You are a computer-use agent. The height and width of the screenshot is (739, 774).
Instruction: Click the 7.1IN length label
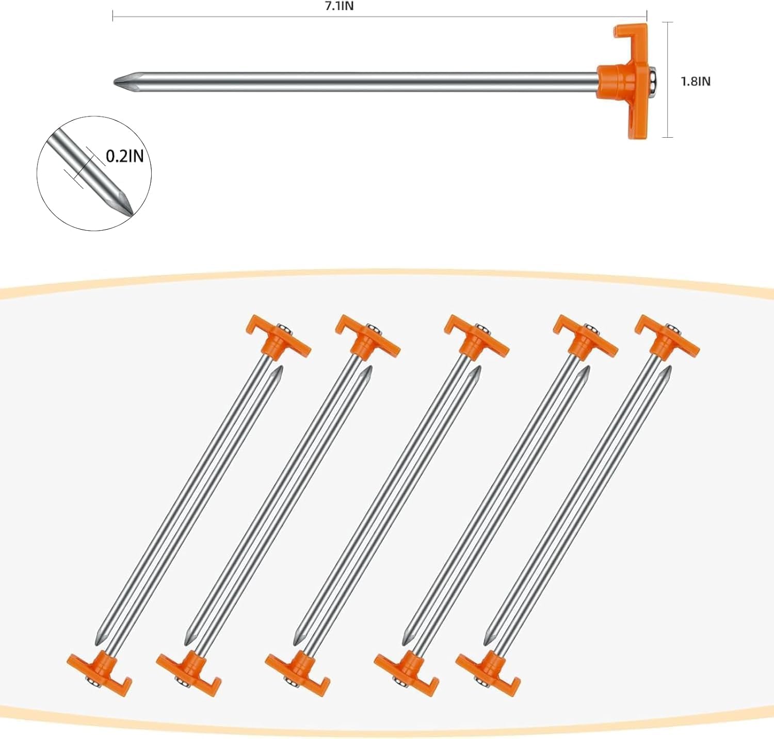[339, 6]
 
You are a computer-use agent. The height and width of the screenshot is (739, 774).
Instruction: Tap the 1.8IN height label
[696, 81]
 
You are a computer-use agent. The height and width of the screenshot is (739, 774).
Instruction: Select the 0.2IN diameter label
[125, 156]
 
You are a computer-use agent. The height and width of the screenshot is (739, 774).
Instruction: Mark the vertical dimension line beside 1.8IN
[669, 79]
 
